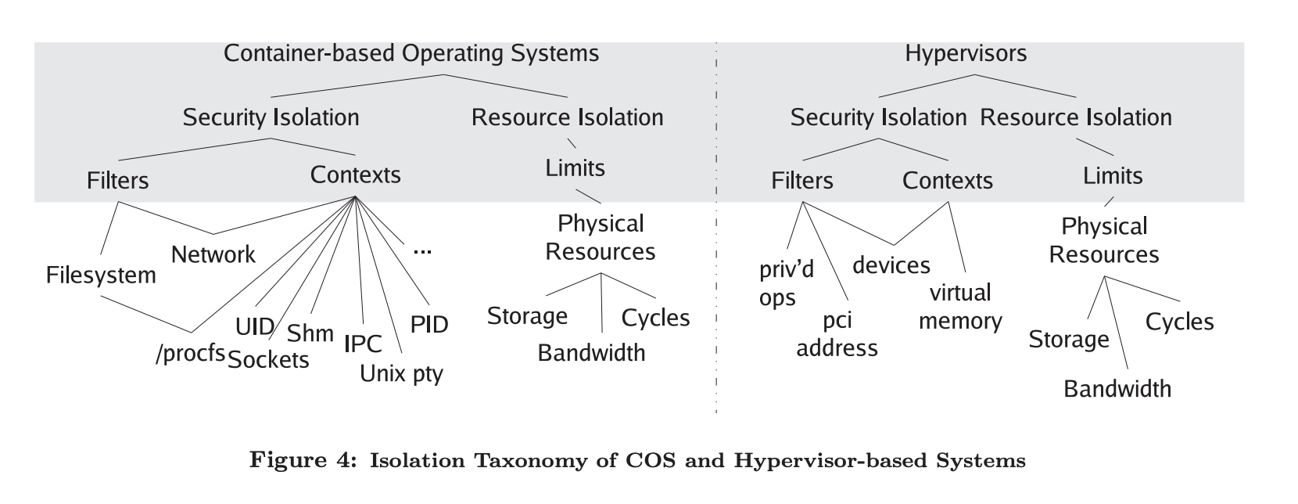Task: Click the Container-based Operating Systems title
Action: click(411, 53)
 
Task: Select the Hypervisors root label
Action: click(966, 53)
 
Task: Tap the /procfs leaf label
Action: click(190, 354)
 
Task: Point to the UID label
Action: click(255, 326)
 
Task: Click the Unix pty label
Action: click(401, 373)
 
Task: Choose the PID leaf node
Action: click(429, 324)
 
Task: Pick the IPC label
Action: click(363, 343)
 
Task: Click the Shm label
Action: click(310, 333)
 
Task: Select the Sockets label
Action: click(268, 360)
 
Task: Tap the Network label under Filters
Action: click(213, 254)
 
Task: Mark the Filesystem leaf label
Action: click(101, 275)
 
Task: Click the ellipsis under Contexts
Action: click(422, 251)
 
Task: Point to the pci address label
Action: click(837, 334)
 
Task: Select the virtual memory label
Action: click(960, 307)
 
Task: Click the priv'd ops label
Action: click(786, 283)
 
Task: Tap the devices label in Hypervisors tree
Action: click(891, 265)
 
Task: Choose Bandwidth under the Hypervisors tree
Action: click(1117, 389)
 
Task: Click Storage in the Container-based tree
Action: click(527, 316)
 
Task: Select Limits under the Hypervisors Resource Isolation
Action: click(1112, 175)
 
